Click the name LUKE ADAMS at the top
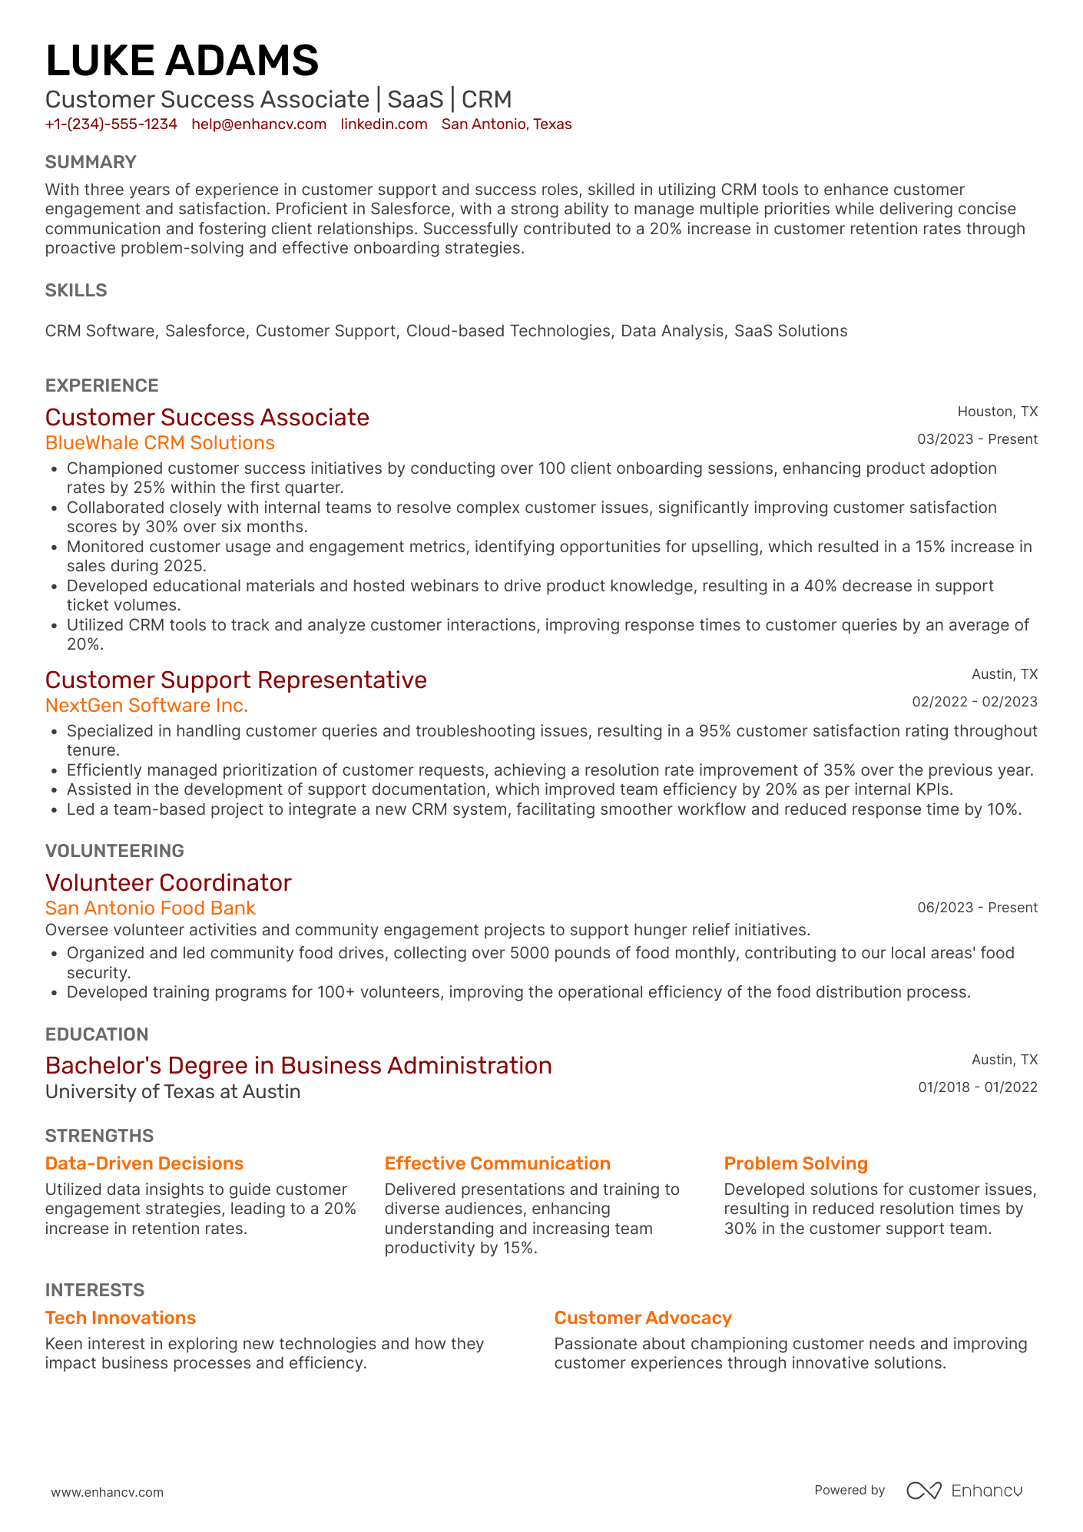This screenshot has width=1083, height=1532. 182,61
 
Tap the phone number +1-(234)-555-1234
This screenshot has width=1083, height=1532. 111,124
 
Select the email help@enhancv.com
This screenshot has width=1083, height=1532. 259,124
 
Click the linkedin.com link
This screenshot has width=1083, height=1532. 384,124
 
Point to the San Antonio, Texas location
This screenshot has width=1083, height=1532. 506,124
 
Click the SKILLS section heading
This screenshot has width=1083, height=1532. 76,290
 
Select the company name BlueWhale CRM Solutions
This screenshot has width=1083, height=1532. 160,443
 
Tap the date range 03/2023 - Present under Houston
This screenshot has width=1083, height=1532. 977,439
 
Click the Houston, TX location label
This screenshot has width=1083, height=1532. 997,412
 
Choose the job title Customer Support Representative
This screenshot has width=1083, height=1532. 236,680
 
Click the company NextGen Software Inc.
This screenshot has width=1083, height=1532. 147,706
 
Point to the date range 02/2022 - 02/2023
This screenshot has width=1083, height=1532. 974,702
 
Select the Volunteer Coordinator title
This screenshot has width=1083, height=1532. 168,883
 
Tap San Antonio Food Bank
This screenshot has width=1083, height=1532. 150,908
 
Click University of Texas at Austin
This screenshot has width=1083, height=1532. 173,1092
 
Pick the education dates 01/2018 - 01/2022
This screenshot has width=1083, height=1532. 977,1087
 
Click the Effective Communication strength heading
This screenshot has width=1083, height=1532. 497,1163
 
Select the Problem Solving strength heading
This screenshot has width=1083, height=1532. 796,1163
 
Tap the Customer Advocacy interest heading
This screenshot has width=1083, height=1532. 643,1318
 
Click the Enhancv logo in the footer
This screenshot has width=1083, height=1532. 965,1491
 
